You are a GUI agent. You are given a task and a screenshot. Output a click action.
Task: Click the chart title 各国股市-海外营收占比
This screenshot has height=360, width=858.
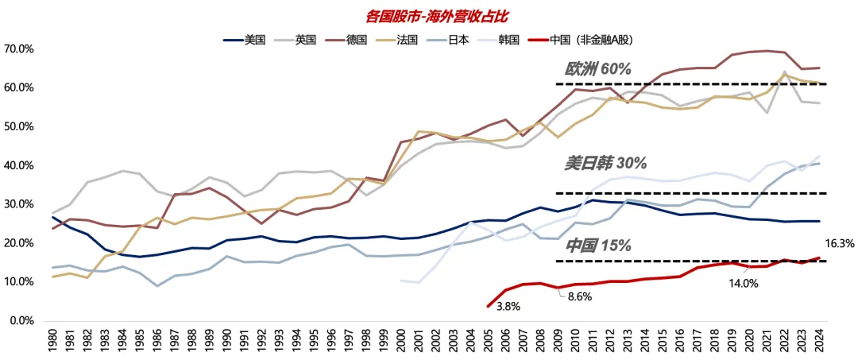[x=428, y=14]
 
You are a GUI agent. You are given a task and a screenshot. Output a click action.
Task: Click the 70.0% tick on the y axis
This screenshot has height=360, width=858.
[x=19, y=49]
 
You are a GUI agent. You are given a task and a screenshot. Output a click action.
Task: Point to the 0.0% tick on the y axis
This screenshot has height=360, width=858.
[x=21, y=321]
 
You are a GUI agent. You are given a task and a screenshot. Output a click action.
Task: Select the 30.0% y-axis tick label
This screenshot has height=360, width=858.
[x=19, y=204]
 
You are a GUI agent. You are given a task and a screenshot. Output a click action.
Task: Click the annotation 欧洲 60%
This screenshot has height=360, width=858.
[x=597, y=69]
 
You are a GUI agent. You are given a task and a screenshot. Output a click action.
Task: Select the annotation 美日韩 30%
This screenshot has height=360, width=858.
[x=605, y=163]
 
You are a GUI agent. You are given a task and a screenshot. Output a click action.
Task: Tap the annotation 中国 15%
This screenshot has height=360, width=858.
[x=597, y=246]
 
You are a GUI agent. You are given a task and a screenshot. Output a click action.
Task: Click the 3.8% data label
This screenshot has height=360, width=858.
[x=509, y=305]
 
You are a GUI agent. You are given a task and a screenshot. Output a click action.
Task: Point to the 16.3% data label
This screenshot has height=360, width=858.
[x=841, y=245]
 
